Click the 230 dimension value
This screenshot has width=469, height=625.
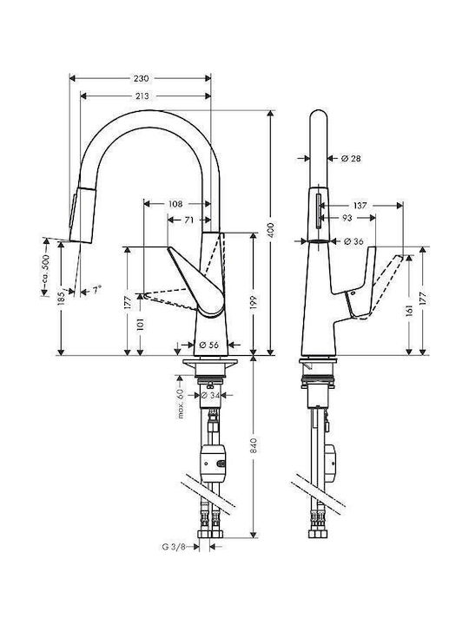(x=142, y=78)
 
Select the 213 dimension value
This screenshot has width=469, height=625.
(x=142, y=95)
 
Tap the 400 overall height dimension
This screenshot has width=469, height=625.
(x=271, y=230)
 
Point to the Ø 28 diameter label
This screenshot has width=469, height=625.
(x=351, y=158)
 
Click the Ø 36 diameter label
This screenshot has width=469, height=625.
(x=353, y=241)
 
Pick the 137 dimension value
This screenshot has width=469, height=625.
(x=360, y=205)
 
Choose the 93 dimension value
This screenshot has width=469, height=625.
(x=347, y=218)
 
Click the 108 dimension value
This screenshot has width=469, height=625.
(x=175, y=204)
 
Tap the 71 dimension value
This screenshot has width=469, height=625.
(x=189, y=220)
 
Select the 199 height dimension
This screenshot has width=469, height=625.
(x=254, y=303)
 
